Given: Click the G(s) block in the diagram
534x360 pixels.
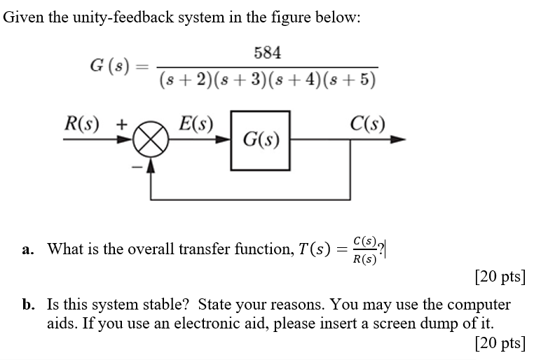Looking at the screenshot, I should [260, 140].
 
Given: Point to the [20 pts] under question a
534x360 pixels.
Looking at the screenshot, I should [500, 276].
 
